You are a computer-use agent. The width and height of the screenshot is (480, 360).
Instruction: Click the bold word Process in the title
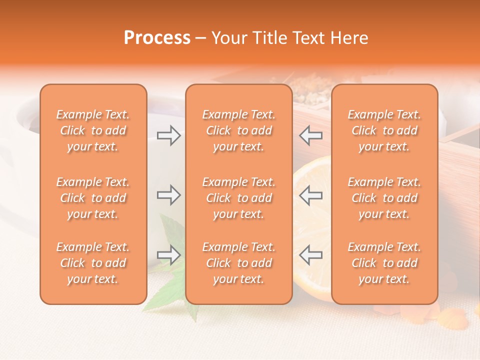pos(157,38)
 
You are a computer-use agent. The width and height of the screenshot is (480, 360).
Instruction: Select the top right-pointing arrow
pos(168,135)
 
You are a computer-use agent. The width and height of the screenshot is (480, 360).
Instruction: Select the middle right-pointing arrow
pos(168,195)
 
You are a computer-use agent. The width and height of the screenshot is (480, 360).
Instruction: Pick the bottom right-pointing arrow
pos(168,255)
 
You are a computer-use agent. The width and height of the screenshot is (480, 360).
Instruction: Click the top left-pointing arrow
pos(311,135)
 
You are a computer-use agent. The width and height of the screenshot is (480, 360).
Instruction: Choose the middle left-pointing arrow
pos(311,195)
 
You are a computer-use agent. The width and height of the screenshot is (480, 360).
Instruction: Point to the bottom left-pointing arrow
pos(311,255)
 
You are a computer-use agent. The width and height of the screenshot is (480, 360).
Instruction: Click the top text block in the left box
pos(93,130)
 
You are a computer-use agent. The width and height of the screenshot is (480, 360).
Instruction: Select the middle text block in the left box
pos(93,198)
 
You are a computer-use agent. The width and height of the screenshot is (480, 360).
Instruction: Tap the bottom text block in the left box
pos(93,263)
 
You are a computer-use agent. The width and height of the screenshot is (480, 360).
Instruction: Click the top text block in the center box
pos(238,130)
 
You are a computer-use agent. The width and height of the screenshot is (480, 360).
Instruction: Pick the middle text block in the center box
pos(238,198)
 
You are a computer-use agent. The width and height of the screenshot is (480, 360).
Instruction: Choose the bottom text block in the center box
pos(238,263)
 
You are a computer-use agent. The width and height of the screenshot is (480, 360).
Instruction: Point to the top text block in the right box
pos(384,130)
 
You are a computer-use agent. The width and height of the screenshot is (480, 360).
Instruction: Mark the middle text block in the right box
pos(384,198)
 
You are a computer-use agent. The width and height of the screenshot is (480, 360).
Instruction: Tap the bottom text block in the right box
pos(384,263)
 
